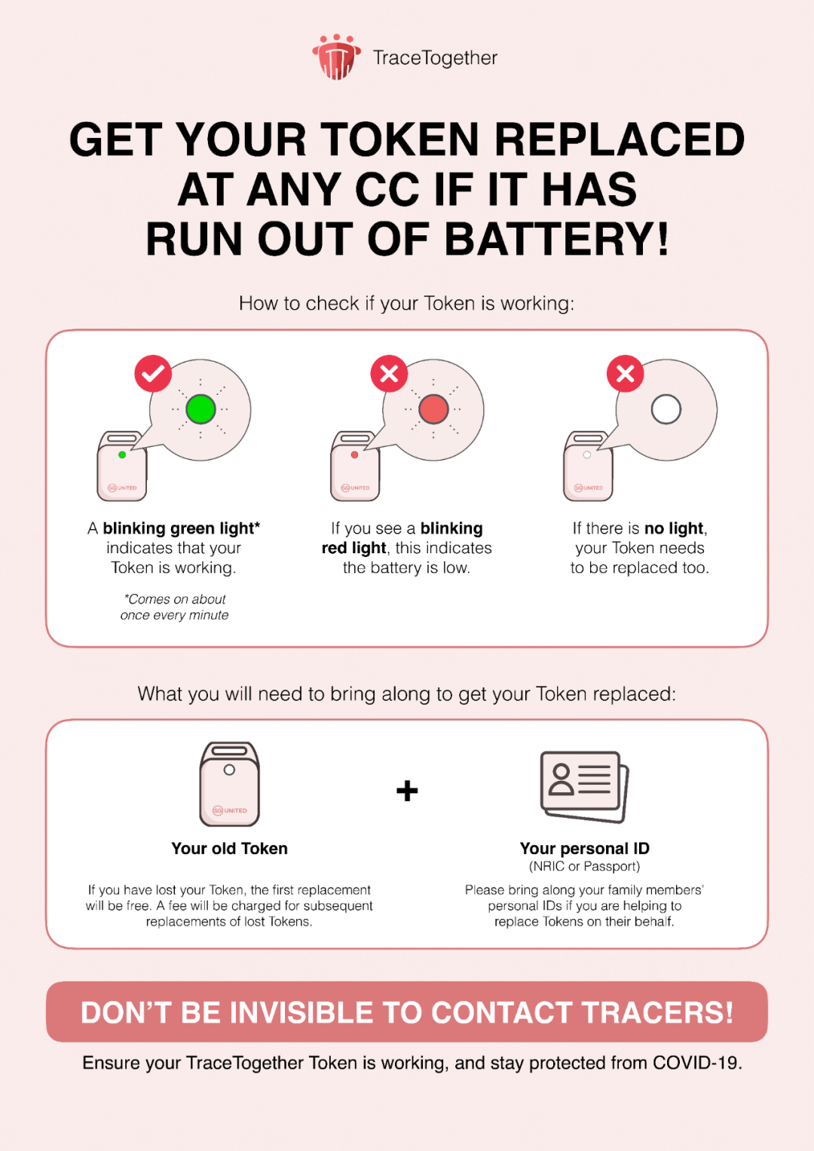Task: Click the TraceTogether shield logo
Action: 337,57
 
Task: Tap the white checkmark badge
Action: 153,373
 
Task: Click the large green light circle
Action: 200,409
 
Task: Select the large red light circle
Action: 433,409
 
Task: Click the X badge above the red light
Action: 389,373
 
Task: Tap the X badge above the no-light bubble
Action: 625,373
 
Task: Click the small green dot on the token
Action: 122,455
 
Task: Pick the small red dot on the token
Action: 354,455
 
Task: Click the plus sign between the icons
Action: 407,790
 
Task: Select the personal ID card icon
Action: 585,787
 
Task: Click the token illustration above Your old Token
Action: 229,784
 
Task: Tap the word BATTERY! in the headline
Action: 556,238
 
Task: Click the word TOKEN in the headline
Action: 399,139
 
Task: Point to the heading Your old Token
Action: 229,848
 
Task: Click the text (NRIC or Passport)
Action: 585,867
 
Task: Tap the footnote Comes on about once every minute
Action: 174,607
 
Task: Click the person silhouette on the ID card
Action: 561,780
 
